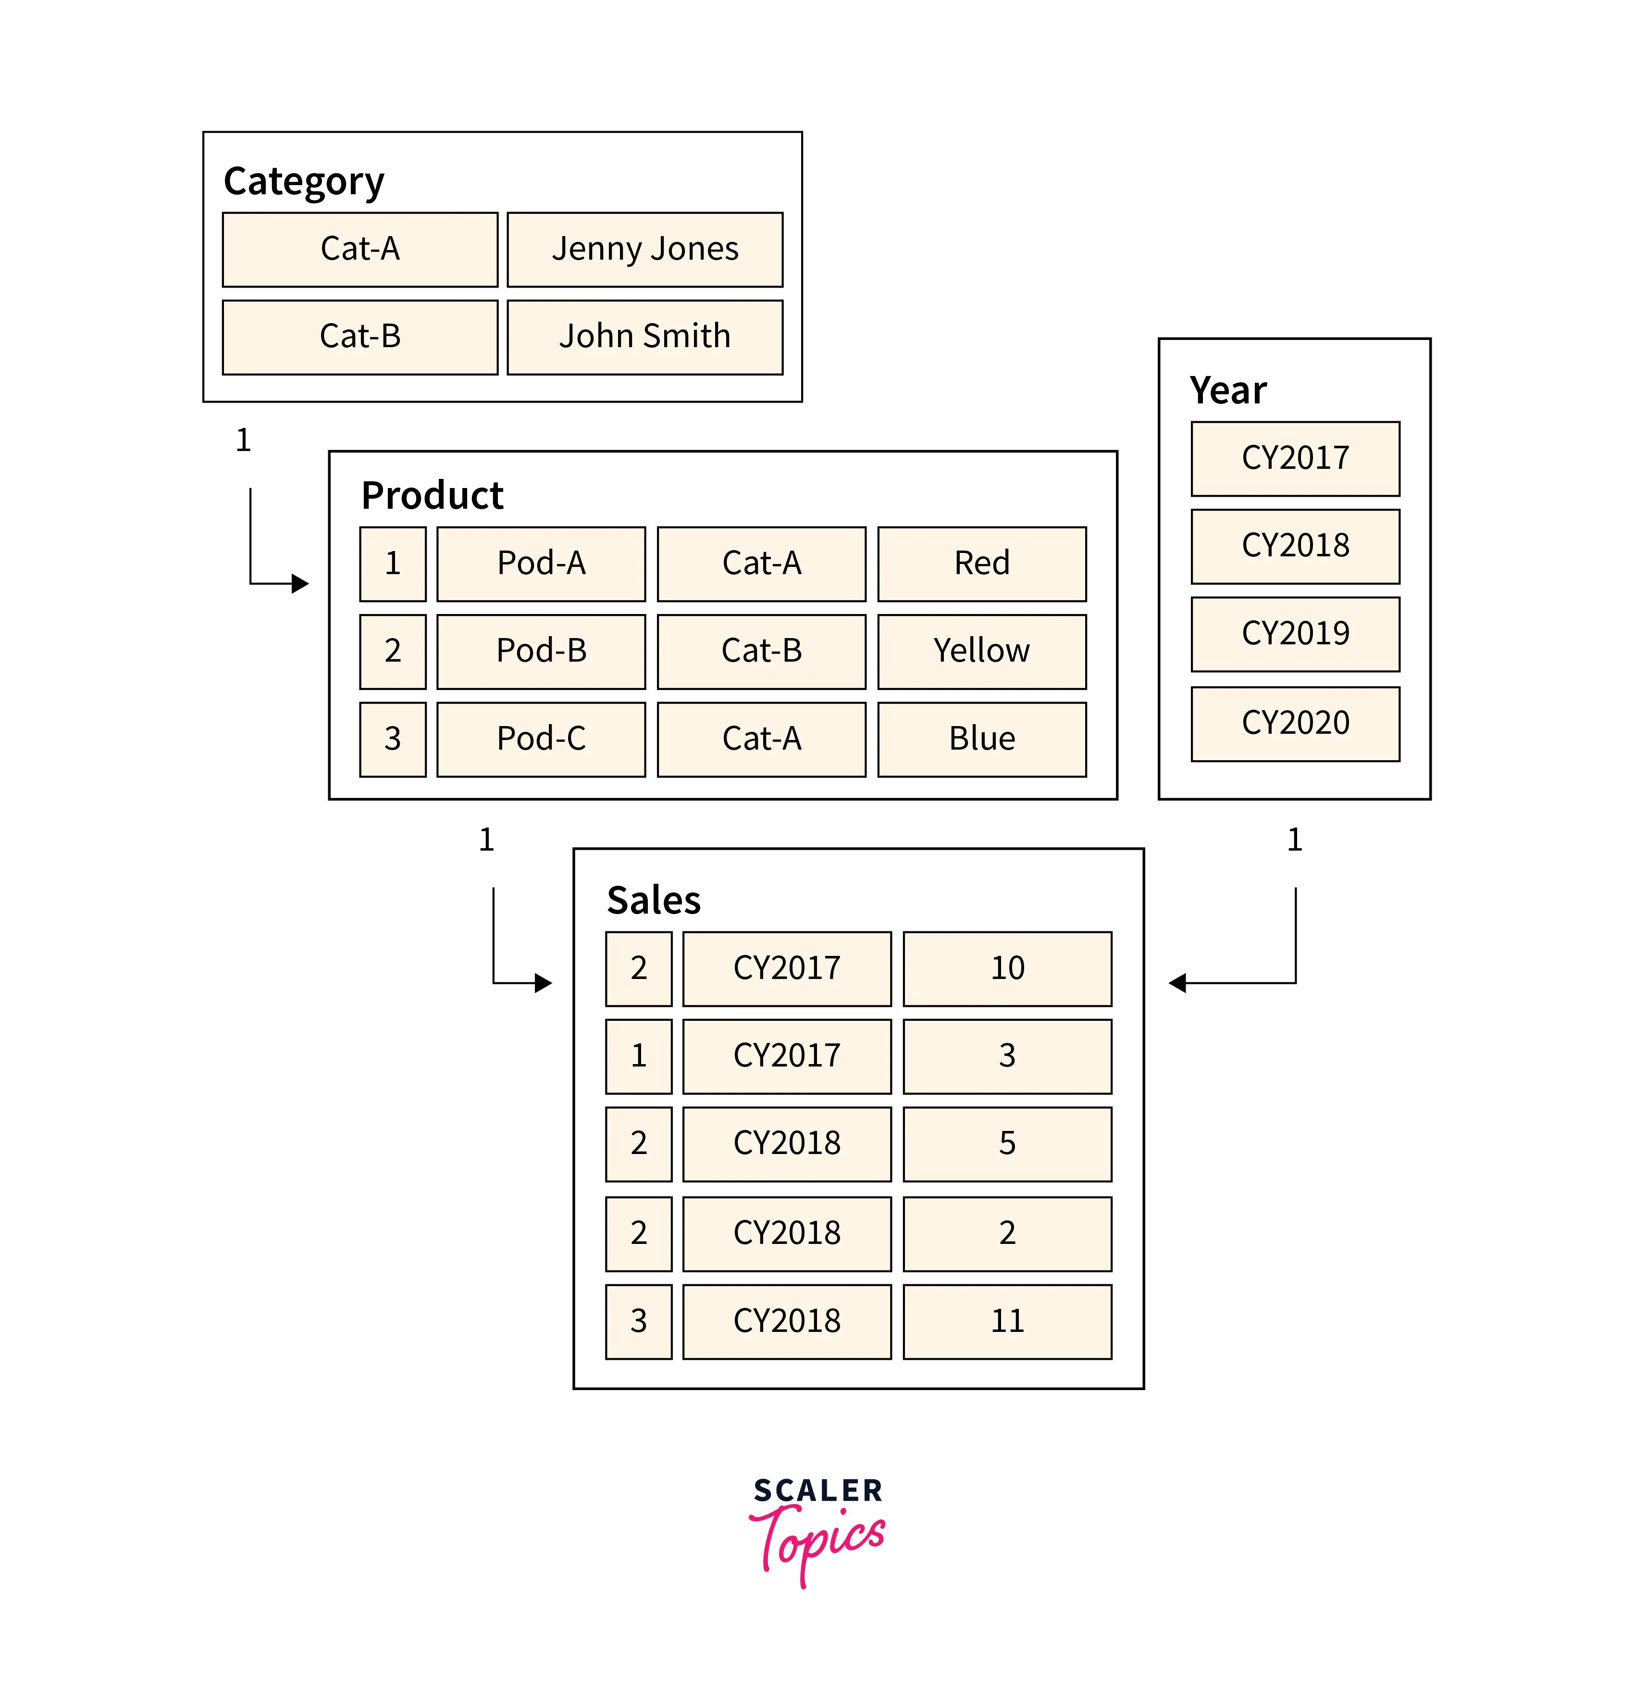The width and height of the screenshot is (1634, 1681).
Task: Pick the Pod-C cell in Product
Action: click(x=541, y=739)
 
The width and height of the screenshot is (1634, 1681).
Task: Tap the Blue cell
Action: click(x=982, y=739)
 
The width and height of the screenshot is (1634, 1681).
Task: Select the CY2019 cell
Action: click(x=1295, y=634)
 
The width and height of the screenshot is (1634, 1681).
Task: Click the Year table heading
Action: click(x=1227, y=390)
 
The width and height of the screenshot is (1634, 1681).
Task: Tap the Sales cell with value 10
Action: click(x=1007, y=968)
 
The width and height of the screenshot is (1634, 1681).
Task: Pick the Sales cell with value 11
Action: click(x=1007, y=1321)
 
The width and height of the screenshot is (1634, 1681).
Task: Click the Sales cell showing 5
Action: click(x=1007, y=1143)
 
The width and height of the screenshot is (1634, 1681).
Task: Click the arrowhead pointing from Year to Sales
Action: click(x=1177, y=983)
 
